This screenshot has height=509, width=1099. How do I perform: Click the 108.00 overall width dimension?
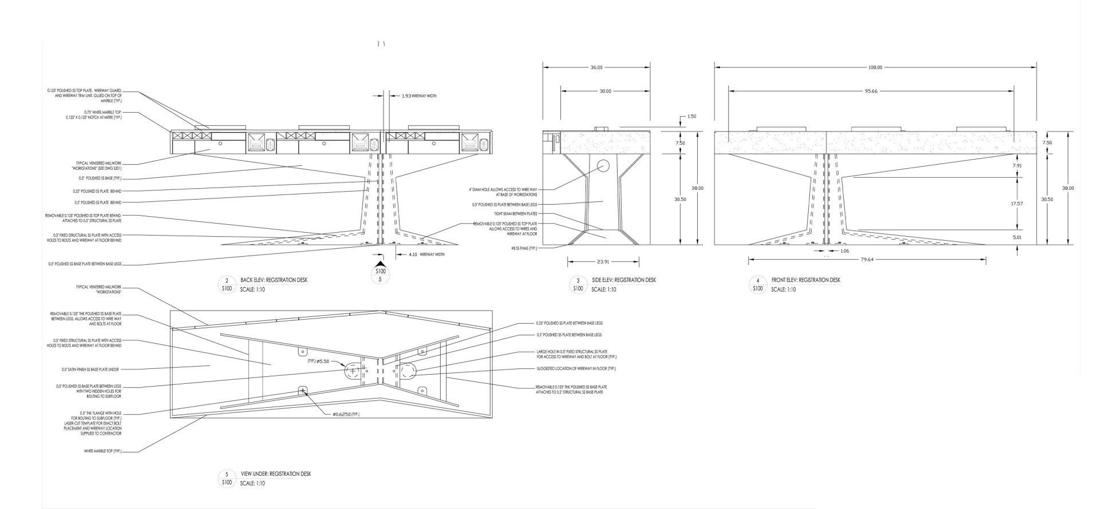click(x=875, y=67)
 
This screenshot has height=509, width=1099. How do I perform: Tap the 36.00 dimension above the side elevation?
click(x=596, y=67)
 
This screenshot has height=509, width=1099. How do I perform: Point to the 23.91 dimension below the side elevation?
click(x=603, y=262)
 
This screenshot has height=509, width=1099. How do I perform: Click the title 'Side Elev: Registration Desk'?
click(x=623, y=280)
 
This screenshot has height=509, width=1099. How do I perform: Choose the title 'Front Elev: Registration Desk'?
click(x=805, y=280)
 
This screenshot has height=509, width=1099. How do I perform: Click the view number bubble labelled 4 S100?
click(x=758, y=284)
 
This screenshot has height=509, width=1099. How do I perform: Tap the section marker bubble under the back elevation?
click(x=380, y=275)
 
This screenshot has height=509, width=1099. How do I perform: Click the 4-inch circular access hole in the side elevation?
click(x=604, y=166)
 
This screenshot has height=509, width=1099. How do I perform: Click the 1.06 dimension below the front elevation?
click(x=845, y=251)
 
